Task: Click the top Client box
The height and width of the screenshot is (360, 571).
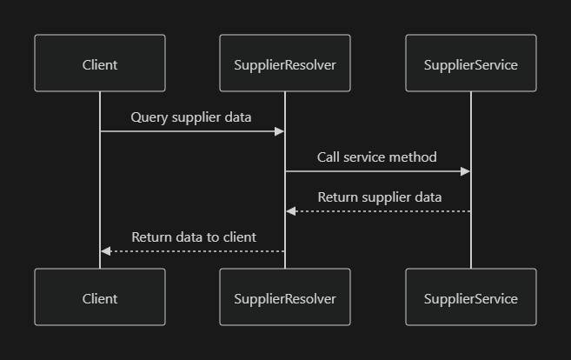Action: tap(100, 63)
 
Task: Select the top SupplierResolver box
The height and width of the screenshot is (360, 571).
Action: tap(285, 63)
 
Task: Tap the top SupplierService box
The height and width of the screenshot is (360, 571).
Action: tap(470, 63)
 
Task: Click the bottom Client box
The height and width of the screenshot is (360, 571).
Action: tap(100, 297)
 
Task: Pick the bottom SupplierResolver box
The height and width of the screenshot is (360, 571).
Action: tap(285, 297)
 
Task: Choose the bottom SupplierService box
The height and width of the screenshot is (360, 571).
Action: tap(470, 297)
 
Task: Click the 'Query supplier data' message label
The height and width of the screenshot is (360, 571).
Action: tap(191, 117)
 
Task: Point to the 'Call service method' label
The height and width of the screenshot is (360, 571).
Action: tap(376, 157)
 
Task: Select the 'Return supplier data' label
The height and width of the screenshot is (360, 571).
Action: tap(379, 197)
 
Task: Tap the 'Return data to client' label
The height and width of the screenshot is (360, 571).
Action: tap(194, 237)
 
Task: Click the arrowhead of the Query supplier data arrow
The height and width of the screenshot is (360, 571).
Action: tap(280, 131)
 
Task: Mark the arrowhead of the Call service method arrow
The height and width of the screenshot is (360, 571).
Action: tap(465, 171)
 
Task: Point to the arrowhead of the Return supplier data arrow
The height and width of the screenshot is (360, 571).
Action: tap(291, 211)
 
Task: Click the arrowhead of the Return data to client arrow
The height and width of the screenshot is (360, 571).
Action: tap(106, 251)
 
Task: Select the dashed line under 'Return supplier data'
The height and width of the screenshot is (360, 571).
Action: tap(382, 211)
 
